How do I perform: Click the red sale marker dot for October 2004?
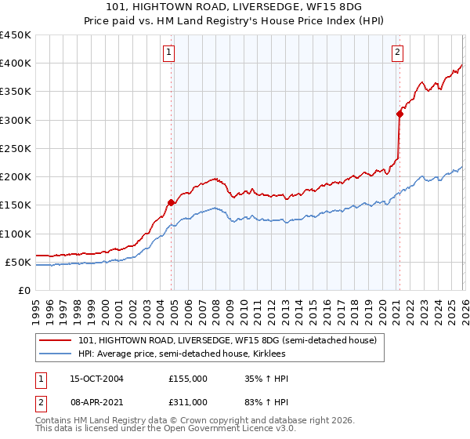click(171, 202)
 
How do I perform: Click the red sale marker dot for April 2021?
click(399, 114)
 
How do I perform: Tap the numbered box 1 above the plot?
click(169, 53)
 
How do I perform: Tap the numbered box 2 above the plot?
click(398, 53)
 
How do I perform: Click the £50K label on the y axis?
click(18, 262)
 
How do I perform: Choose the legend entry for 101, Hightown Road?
click(227, 340)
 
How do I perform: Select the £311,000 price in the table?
click(188, 401)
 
